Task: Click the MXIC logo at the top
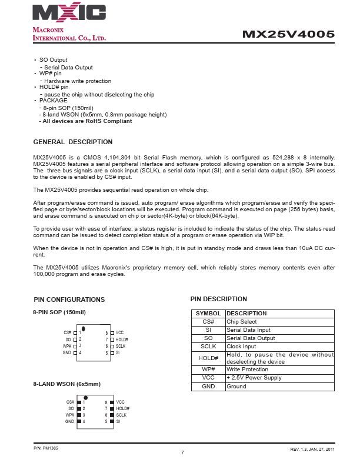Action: point(69,13)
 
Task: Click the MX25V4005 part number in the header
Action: point(288,35)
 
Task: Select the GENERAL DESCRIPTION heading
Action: point(73,142)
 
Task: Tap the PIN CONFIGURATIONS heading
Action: point(69,299)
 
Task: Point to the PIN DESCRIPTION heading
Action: point(219,299)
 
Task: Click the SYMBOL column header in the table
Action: point(208,314)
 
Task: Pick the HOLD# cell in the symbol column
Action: point(208,358)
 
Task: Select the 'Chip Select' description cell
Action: point(242,322)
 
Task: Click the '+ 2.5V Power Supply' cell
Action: point(254,378)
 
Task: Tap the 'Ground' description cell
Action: point(236,387)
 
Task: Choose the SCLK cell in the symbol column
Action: point(208,347)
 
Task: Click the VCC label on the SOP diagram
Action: point(119,333)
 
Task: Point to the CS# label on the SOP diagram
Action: point(67,333)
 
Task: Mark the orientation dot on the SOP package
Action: point(84,328)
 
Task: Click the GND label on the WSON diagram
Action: point(69,422)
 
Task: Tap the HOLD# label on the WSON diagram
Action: point(122,408)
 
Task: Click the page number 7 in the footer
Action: point(182,452)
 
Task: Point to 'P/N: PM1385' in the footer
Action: point(45,448)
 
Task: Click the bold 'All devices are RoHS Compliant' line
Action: point(87,121)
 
